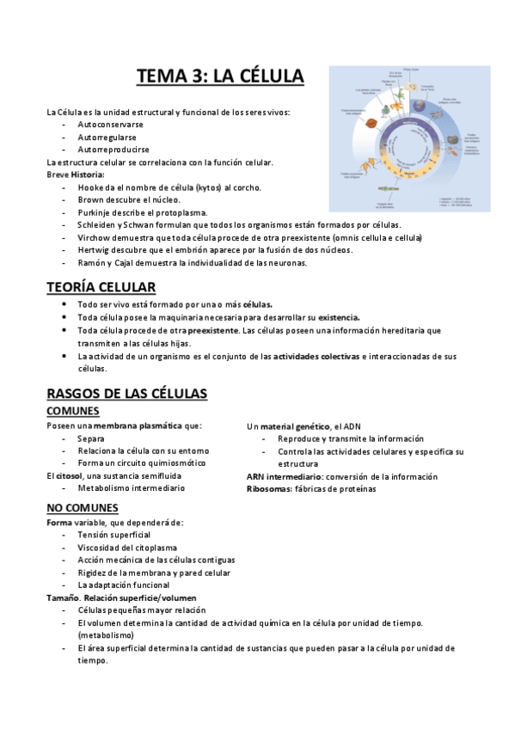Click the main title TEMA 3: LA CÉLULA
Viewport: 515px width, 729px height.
click(x=220, y=77)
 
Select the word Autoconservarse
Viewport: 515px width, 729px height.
click(x=110, y=125)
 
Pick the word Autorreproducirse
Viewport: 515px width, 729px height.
click(x=113, y=150)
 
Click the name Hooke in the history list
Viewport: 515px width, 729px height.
click(x=90, y=187)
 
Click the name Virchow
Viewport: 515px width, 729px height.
click(x=95, y=237)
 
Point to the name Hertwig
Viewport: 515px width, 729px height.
click(x=95, y=249)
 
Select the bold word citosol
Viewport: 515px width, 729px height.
click(x=69, y=475)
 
